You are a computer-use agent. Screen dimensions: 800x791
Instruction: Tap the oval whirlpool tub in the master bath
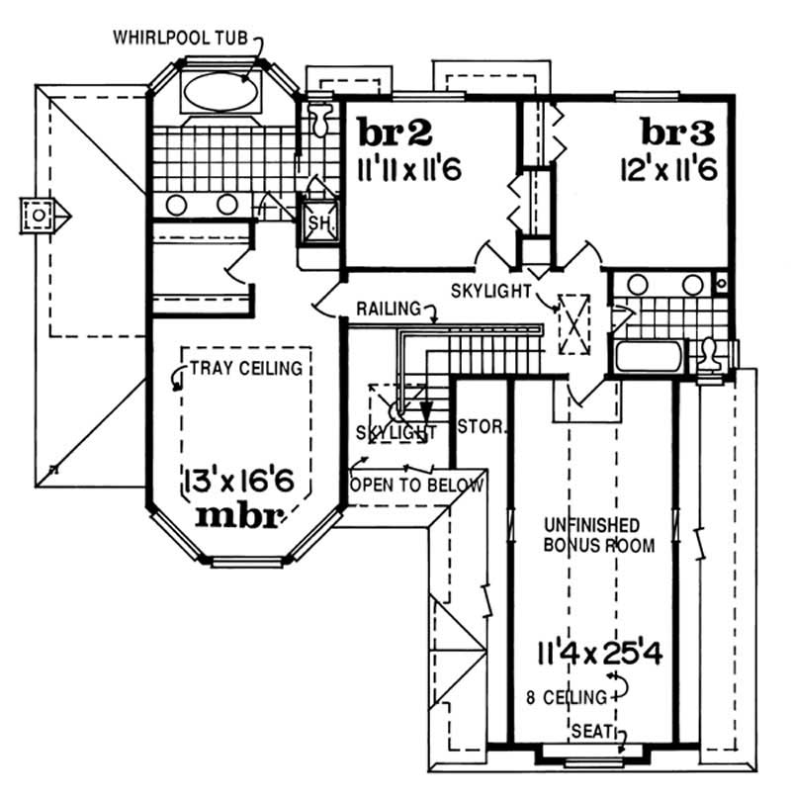tap(220, 92)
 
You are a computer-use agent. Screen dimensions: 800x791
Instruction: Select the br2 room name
tap(394, 132)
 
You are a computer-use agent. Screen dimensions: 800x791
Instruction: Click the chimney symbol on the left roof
tap(39, 214)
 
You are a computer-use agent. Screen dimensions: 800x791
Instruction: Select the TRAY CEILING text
tap(245, 370)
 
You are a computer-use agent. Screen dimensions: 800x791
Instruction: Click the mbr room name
tap(241, 514)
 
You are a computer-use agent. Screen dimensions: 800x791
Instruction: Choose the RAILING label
tap(389, 309)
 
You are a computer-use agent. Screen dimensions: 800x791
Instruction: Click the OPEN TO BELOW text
tap(416, 486)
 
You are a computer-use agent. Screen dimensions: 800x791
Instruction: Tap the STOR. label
tap(483, 429)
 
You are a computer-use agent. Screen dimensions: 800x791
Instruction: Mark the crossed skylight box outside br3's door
tap(573, 323)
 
